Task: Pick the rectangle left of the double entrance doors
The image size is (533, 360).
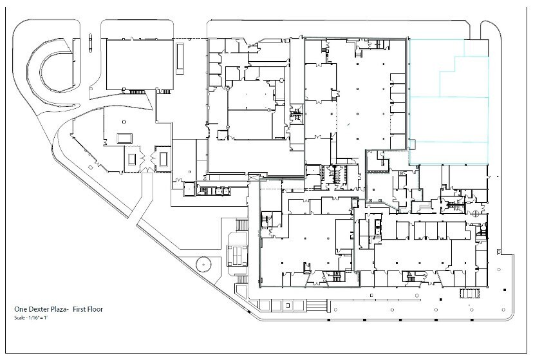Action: click(x=133, y=158)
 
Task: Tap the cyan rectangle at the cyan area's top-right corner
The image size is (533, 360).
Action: click(x=473, y=47)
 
